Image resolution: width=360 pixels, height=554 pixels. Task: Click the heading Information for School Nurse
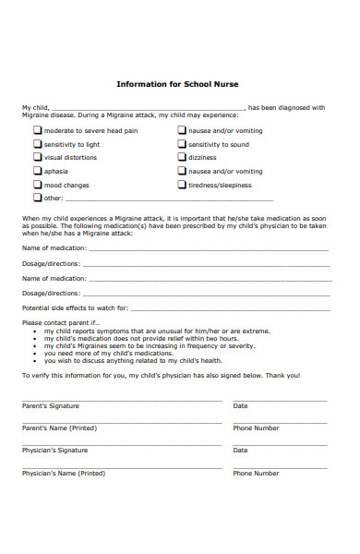click(177, 84)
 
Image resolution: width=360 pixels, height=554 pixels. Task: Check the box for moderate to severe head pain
click(38, 131)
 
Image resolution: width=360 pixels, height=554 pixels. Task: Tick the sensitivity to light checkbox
click(38, 144)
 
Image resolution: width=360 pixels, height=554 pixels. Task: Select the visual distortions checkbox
click(38, 157)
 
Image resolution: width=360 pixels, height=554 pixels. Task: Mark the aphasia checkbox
click(38, 171)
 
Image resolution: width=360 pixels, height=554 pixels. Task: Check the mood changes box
click(38, 184)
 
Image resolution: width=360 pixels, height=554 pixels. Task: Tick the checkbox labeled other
click(38, 197)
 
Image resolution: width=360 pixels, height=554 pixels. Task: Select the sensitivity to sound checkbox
click(182, 144)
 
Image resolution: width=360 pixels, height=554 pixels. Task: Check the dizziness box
click(182, 157)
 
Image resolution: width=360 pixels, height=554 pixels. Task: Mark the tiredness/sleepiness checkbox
click(182, 184)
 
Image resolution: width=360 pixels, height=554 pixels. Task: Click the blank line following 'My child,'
click(148, 109)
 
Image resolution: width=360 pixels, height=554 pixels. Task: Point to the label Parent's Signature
click(51, 406)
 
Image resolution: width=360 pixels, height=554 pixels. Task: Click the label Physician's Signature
click(55, 451)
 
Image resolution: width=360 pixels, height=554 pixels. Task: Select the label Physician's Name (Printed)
click(64, 473)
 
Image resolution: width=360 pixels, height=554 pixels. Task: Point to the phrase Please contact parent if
click(59, 323)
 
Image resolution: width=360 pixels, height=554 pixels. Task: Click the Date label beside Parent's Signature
click(240, 406)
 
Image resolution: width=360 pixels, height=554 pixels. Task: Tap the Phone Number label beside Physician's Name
click(256, 473)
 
